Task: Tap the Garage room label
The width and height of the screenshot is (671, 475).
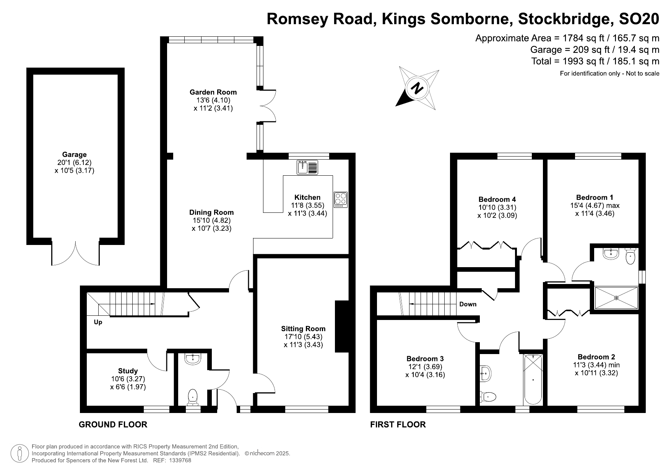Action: coord(74,155)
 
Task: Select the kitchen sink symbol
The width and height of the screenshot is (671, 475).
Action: coord(307,168)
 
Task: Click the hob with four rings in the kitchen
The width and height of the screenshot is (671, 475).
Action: coord(340,199)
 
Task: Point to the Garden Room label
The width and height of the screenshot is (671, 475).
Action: coord(213,92)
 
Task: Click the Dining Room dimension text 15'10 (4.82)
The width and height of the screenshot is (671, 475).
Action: coord(211,220)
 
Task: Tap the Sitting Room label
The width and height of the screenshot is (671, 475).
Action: coord(303,328)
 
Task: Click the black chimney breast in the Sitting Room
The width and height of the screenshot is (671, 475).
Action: coord(341,326)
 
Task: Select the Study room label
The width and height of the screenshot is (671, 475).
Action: coord(128,371)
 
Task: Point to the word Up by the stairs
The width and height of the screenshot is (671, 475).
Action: coord(98,322)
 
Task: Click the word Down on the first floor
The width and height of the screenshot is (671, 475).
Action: coord(468,304)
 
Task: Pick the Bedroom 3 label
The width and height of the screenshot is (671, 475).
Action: coord(425,359)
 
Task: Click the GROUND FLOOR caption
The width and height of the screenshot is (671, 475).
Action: coord(113,424)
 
